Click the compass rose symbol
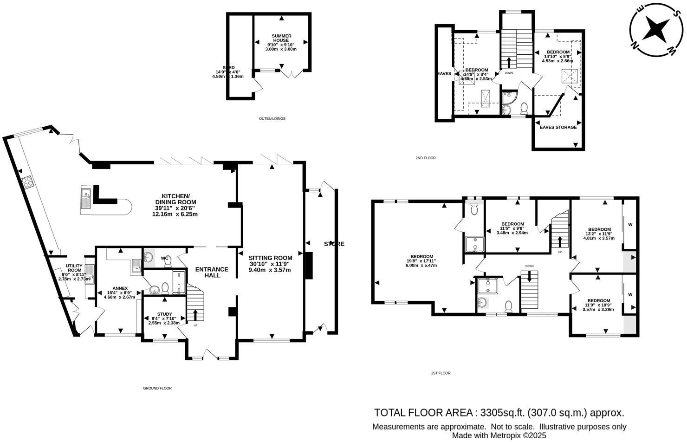point(656,28)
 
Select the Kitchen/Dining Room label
point(175,205)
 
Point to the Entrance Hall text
point(212,272)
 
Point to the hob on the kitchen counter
point(27,182)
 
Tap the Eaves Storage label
point(557,127)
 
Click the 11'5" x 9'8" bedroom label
point(512,228)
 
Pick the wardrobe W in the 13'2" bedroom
point(630,225)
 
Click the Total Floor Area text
point(499,412)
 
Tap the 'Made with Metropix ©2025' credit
point(499,435)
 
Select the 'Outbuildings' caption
point(272,119)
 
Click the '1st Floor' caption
point(441,373)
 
